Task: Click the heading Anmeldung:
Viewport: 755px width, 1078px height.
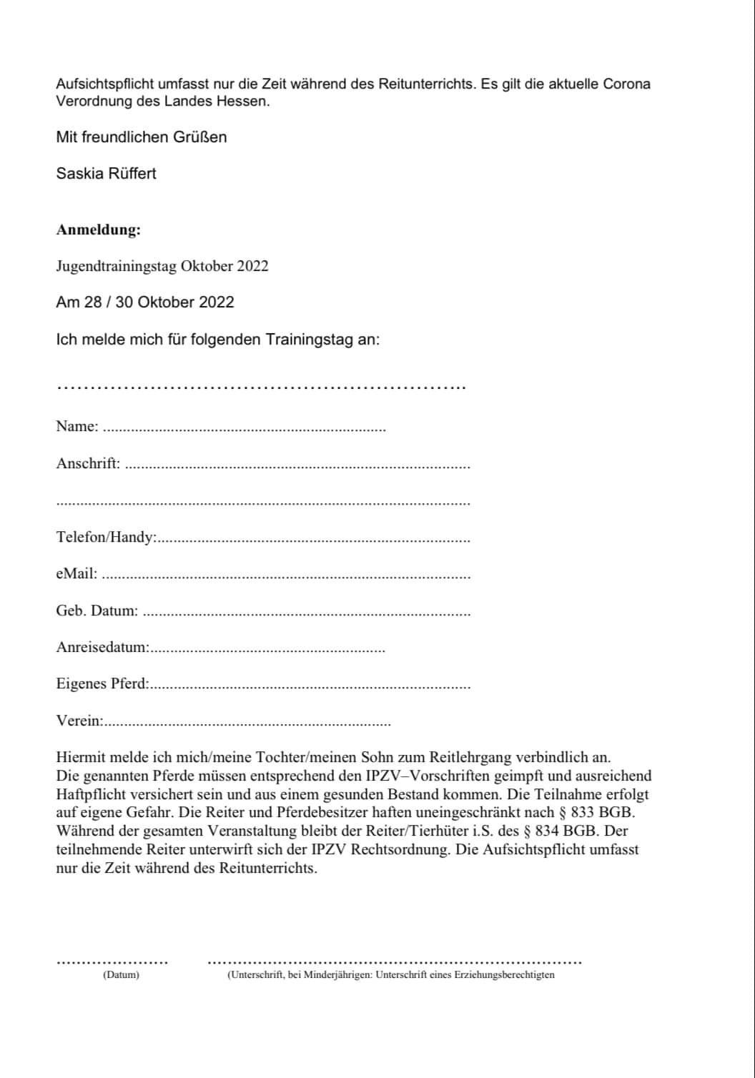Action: (x=98, y=230)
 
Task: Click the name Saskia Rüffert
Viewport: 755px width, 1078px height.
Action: (x=106, y=174)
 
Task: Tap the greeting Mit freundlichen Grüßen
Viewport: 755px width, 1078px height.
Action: (x=141, y=137)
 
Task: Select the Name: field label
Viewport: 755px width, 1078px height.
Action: (x=77, y=427)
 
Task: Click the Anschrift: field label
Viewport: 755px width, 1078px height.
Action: (x=88, y=463)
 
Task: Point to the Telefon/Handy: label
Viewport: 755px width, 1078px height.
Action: (x=106, y=538)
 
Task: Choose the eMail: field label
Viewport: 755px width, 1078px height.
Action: (x=77, y=574)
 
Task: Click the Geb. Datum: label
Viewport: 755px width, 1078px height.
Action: (x=97, y=611)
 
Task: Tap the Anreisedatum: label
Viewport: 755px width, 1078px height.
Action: (x=102, y=648)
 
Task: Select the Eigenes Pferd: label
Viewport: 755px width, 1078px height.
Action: (x=102, y=683)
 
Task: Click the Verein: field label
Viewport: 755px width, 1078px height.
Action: (x=79, y=721)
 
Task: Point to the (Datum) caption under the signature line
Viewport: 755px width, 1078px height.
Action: (x=121, y=975)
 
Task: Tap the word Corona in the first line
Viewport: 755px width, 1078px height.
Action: (x=627, y=84)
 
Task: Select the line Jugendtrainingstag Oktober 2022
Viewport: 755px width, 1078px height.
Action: (x=162, y=267)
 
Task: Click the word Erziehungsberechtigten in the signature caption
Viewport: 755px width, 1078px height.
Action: (x=506, y=975)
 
